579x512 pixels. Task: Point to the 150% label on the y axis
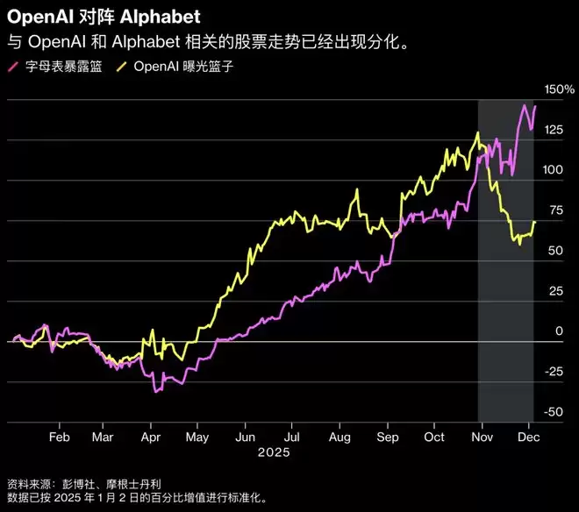(x=559, y=90)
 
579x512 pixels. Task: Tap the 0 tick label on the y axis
(x=557, y=331)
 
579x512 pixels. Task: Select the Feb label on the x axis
(x=59, y=436)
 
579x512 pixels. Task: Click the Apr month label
(x=151, y=436)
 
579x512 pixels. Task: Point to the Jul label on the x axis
(x=293, y=436)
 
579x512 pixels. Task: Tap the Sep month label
(x=388, y=436)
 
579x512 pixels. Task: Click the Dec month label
(x=528, y=436)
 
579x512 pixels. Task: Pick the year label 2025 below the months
(x=273, y=453)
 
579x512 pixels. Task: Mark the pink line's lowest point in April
(x=154, y=391)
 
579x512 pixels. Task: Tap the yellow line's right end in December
(x=535, y=223)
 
